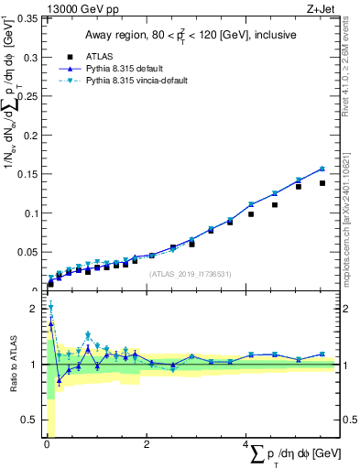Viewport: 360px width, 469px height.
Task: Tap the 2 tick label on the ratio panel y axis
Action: (36, 309)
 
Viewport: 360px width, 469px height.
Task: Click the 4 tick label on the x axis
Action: (245, 444)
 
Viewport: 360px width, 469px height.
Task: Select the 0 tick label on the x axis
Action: (46, 444)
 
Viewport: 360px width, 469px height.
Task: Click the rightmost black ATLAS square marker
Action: (322, 183)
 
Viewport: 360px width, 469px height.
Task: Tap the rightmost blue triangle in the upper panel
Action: (322, 169)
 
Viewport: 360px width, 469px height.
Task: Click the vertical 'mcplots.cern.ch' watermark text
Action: (351, 229)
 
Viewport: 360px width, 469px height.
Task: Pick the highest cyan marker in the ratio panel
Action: (50, 307)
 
